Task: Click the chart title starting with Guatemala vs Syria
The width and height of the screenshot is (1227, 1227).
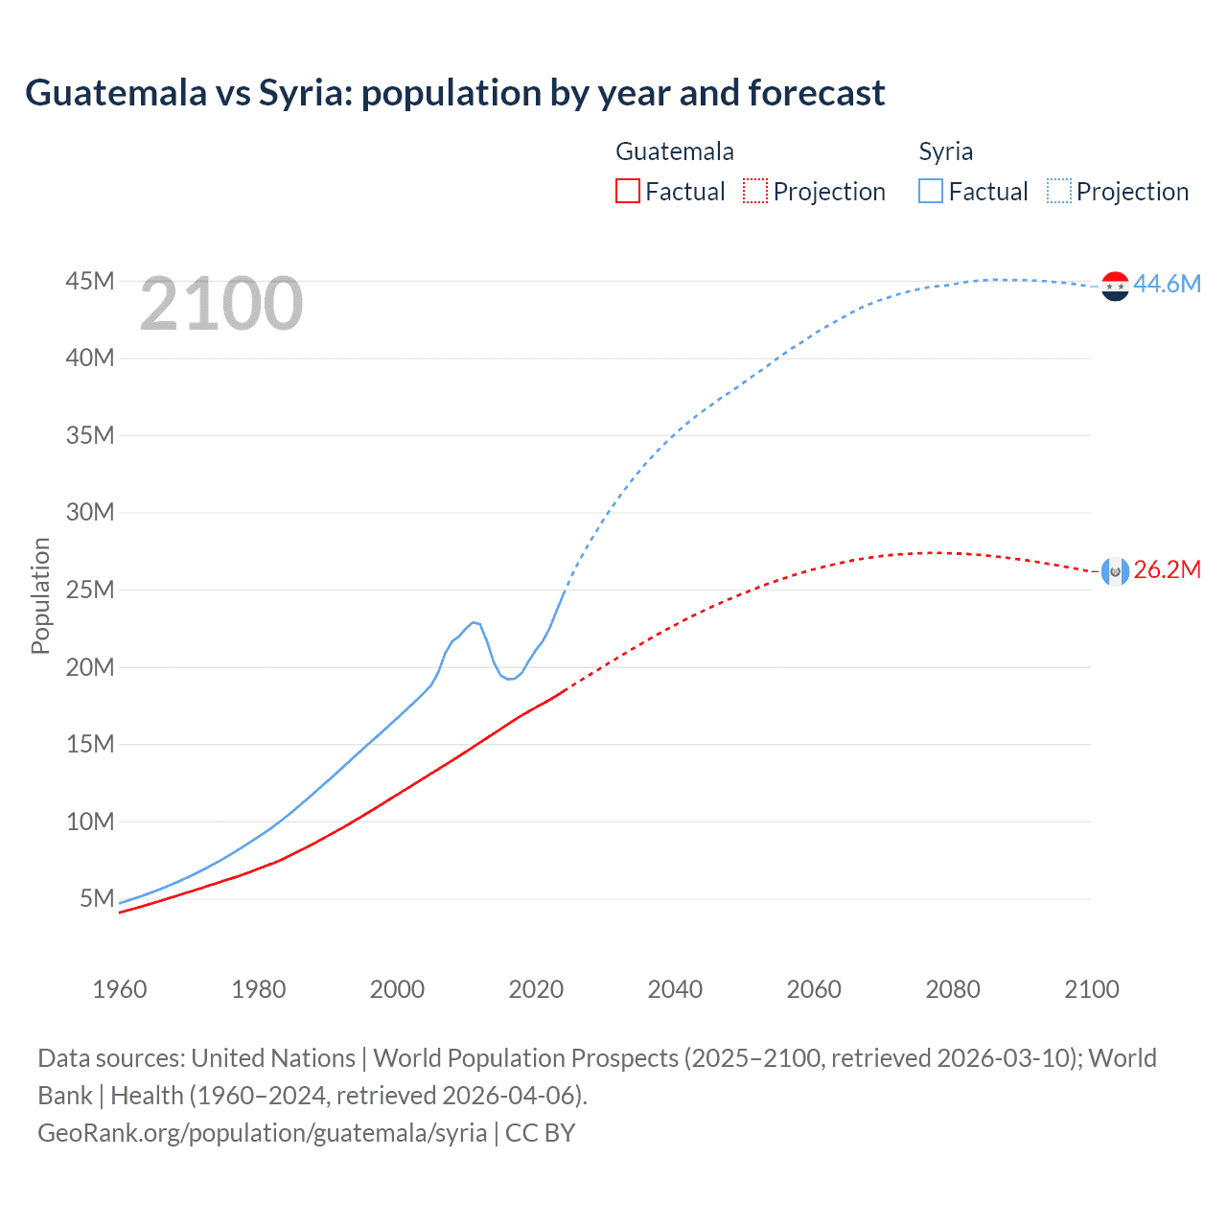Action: (454, 93)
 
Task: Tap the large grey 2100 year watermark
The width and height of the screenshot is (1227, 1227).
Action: (221, 304)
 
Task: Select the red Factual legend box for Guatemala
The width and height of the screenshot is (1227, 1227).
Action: (627, 192)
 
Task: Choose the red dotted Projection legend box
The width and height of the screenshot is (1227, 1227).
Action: (755, 192)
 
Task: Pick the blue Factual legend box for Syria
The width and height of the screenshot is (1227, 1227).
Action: (930, 192)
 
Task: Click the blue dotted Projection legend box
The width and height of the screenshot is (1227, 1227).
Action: (1059, 192)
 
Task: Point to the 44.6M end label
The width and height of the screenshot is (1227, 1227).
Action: (1167, 284)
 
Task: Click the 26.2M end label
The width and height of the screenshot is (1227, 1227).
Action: (1167, 569)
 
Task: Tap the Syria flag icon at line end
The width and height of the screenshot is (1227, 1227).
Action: (1115, 286)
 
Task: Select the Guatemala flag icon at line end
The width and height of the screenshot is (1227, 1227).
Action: (1115, 571)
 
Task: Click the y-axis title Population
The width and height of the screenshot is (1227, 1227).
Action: (40, 595)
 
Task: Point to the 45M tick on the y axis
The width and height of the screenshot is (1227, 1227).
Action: (90, 281)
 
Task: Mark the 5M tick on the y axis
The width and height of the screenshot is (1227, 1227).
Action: (97, 898)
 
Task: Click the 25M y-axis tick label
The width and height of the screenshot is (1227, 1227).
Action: (90, 590)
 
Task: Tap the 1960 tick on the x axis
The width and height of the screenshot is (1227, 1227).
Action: (120, 989)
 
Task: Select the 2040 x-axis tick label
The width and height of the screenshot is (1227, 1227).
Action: (675, 989)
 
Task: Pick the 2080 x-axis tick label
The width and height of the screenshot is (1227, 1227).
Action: (953, 989)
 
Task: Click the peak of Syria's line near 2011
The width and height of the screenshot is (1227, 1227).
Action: (474, 622)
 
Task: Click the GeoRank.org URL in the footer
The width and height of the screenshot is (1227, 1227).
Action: (262, 1133)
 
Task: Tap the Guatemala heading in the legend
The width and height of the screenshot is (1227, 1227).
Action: (675, 151)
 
